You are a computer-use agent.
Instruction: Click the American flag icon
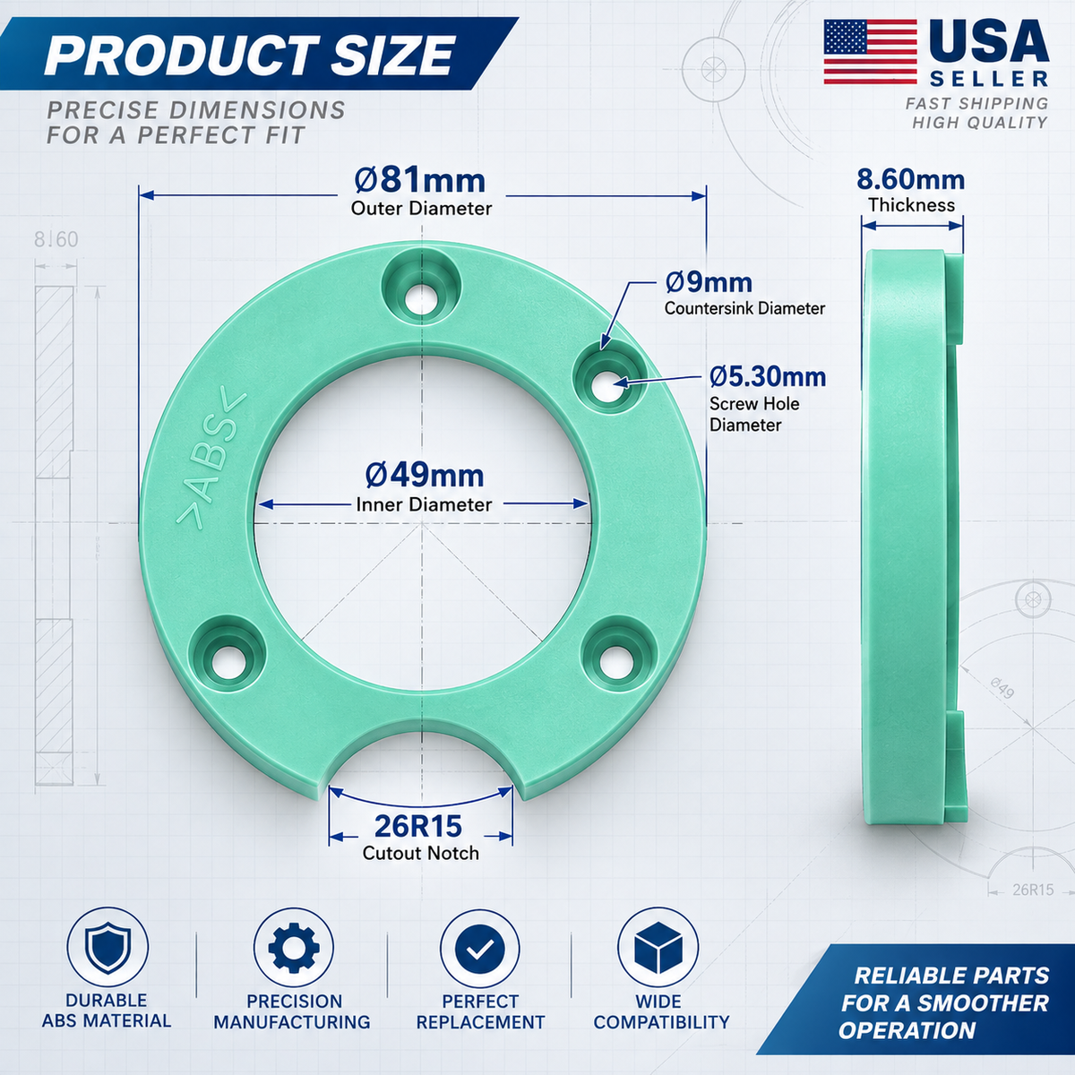(x=870, y=52)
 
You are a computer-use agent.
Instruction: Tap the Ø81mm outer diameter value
(x=420, y=181)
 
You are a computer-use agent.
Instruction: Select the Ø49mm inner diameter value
(x=425, y=476)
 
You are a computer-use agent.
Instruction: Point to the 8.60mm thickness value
(x=910, y=180)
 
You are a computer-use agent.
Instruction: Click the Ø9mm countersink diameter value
(x=709, y=283)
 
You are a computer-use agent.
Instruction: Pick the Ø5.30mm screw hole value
(x=768, y=377)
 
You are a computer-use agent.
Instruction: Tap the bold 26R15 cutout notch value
(x=418, y=826)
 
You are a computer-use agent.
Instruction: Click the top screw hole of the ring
(x=421, y=299)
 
